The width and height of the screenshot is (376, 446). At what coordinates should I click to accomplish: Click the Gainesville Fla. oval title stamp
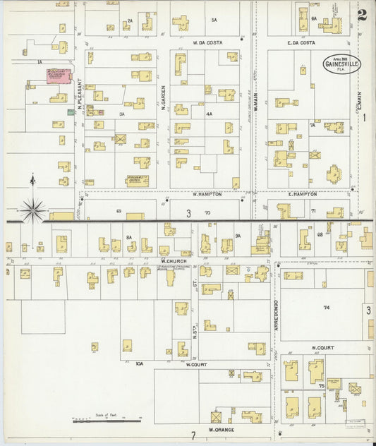point(341,64)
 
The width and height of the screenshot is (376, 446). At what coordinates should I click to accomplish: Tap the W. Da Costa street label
point(207,42)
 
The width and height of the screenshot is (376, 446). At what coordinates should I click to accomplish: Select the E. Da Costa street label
point(301,42)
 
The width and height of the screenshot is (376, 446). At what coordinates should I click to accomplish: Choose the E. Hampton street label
point(302,193)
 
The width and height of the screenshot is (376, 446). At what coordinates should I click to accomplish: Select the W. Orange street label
point(221,429)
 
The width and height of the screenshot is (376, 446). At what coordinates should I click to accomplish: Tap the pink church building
point(58,76)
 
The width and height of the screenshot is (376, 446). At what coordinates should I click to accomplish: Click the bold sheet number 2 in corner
point(361,15)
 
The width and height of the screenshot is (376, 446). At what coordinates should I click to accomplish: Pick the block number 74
point(326,308)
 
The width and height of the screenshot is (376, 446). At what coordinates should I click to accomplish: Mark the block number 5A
point(214,20)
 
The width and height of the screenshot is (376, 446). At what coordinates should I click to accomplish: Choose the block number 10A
point(139,363)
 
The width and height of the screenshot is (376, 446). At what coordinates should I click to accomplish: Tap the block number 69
point(119,211)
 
